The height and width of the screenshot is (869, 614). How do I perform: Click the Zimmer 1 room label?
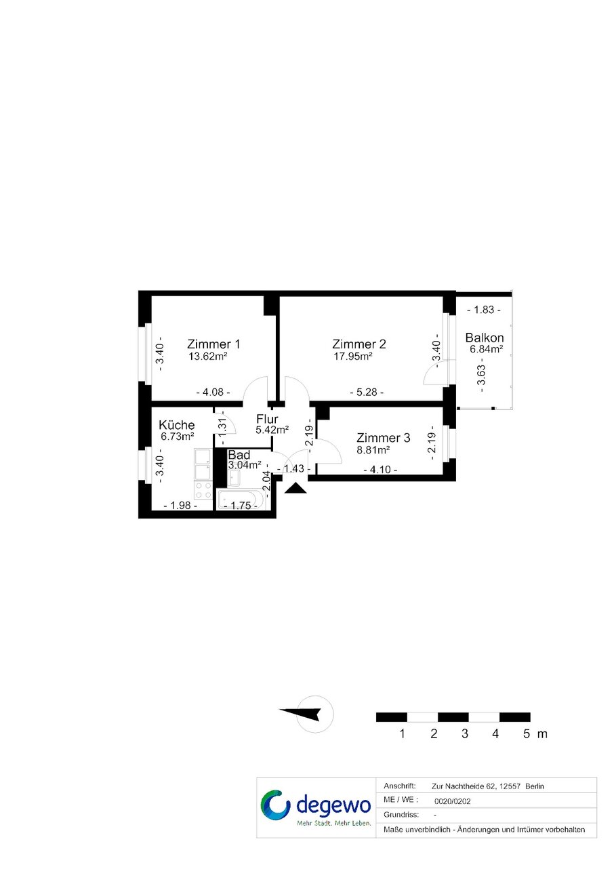[x=213, y=344]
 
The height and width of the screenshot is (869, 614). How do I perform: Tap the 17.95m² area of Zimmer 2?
[x=353, y=356]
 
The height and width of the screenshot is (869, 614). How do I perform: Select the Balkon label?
[x=485, y=338]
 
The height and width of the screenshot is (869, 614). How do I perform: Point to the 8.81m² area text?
[x=373, y=450]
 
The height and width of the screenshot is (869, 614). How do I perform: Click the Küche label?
[x=176, y=425]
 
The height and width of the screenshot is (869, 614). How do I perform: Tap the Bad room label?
[x=239, y=455]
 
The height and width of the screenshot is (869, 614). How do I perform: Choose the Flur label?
[x=267, y=420]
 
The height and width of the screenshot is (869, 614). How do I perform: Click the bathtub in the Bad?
[x=241, y=500]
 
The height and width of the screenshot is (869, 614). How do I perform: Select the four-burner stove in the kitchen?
[x=203, y=490]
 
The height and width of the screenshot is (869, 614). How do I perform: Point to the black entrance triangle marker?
[x=295, y=489]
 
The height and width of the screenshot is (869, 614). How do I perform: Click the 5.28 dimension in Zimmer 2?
[x=367, y=392]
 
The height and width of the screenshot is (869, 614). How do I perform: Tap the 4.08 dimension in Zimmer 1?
[x=213, y=392]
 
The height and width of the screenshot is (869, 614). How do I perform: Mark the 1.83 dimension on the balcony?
[x=484, y=310]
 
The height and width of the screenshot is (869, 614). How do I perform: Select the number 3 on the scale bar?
[x=464, y=733]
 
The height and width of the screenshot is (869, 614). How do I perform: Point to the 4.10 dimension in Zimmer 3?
[x=380, y=470]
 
